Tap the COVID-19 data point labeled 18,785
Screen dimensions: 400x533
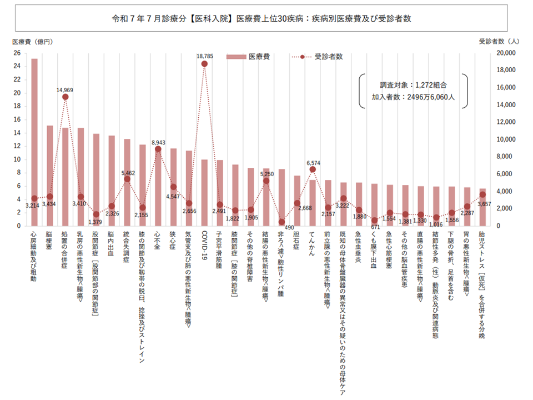(204, 64)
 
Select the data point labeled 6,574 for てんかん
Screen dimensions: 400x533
(312, 169)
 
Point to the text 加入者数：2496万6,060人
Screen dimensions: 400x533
(414, 97)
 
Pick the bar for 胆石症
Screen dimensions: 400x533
(297, 201)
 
